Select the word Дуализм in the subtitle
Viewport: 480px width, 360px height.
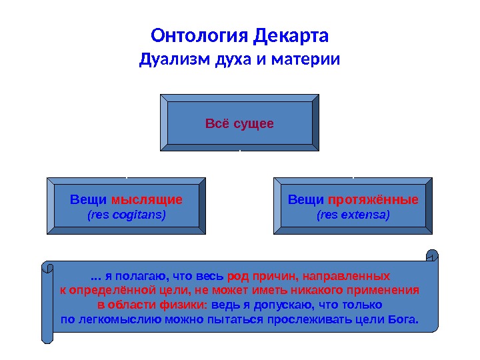(x=175, y=61)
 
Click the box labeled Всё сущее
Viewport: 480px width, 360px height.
(x=239, y=124)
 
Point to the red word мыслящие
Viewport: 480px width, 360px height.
(x=147, y=200)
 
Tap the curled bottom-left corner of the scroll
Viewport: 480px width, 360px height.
(x=47, y=337)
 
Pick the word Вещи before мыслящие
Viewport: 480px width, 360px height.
(x=83, y=200)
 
